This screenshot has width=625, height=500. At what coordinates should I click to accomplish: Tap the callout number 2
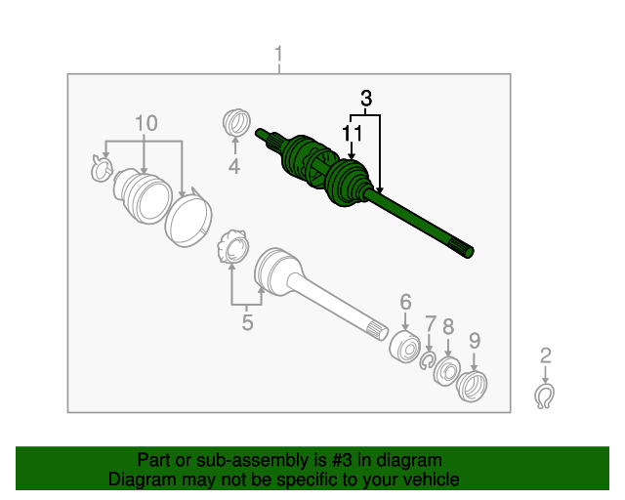[546, 355]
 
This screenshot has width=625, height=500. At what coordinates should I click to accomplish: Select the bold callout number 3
[366, 98]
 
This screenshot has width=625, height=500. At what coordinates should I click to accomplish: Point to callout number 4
[234, 166]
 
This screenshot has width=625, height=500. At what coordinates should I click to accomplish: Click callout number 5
[247, 322]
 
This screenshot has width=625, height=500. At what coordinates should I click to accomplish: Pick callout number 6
[405, 302]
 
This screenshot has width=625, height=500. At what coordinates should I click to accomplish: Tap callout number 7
[431, 324]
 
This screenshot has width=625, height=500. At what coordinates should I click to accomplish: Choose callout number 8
[448, 327]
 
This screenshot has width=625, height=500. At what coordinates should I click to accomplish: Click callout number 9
[475, 341]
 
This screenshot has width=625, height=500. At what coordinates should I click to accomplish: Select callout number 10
[146, 123]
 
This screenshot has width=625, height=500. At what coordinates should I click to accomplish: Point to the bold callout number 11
[353, 133]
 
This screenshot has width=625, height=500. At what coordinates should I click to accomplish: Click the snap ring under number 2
[545, 396]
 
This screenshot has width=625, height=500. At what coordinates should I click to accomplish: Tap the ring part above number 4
[236, 122]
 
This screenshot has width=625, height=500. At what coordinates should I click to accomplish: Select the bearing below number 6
[404, 347]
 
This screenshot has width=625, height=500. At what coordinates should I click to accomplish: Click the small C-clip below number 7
[428, 360]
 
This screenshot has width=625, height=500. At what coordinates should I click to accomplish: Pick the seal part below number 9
[473, 386]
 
